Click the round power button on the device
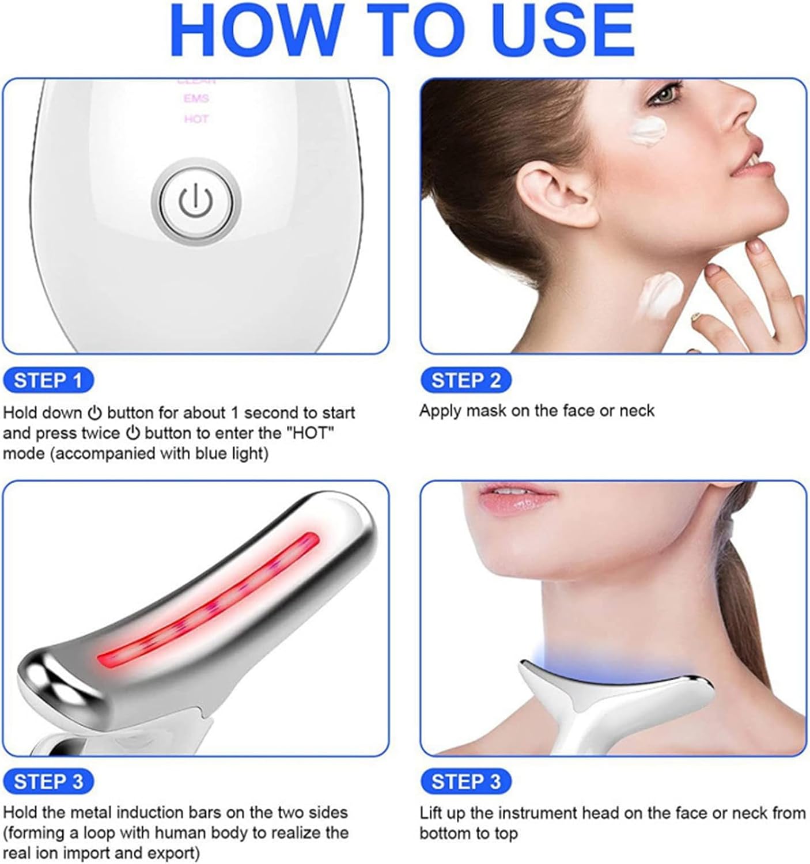click(x=196, y=201)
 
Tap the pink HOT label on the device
click(x=196, y=119)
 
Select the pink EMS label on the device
click(x=196, y=98)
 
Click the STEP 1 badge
click(x=48, y=381)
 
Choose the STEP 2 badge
click(x=465, y=381)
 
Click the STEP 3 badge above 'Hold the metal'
click(x=48, y=782)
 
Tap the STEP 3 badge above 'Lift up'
click(x=465, y=782)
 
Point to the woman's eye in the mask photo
click(x=665, y=94)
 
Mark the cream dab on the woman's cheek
click(x=648, y=130)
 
